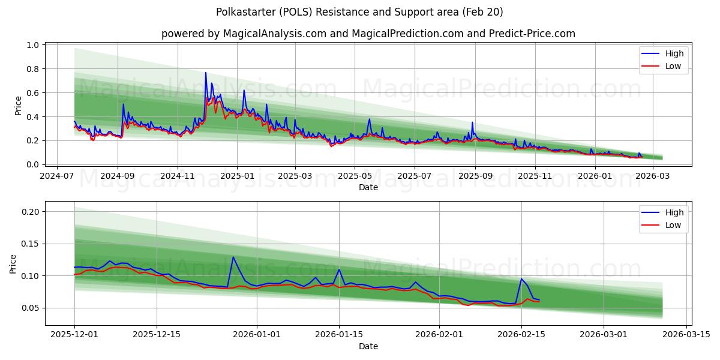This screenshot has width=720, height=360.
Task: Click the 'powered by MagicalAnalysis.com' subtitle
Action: [368, 34]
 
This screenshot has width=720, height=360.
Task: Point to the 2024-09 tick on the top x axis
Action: [118, 176]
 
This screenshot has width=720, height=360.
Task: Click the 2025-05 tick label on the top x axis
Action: [355, 176]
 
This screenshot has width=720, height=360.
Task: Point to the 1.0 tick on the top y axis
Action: [33, 45]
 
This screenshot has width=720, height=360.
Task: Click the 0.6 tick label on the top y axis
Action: [33, 93]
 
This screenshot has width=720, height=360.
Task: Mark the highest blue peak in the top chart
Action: [206, 73]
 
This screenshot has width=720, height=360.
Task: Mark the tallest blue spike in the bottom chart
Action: [233, 257]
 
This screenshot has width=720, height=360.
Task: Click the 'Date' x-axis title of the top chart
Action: [368, 187]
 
